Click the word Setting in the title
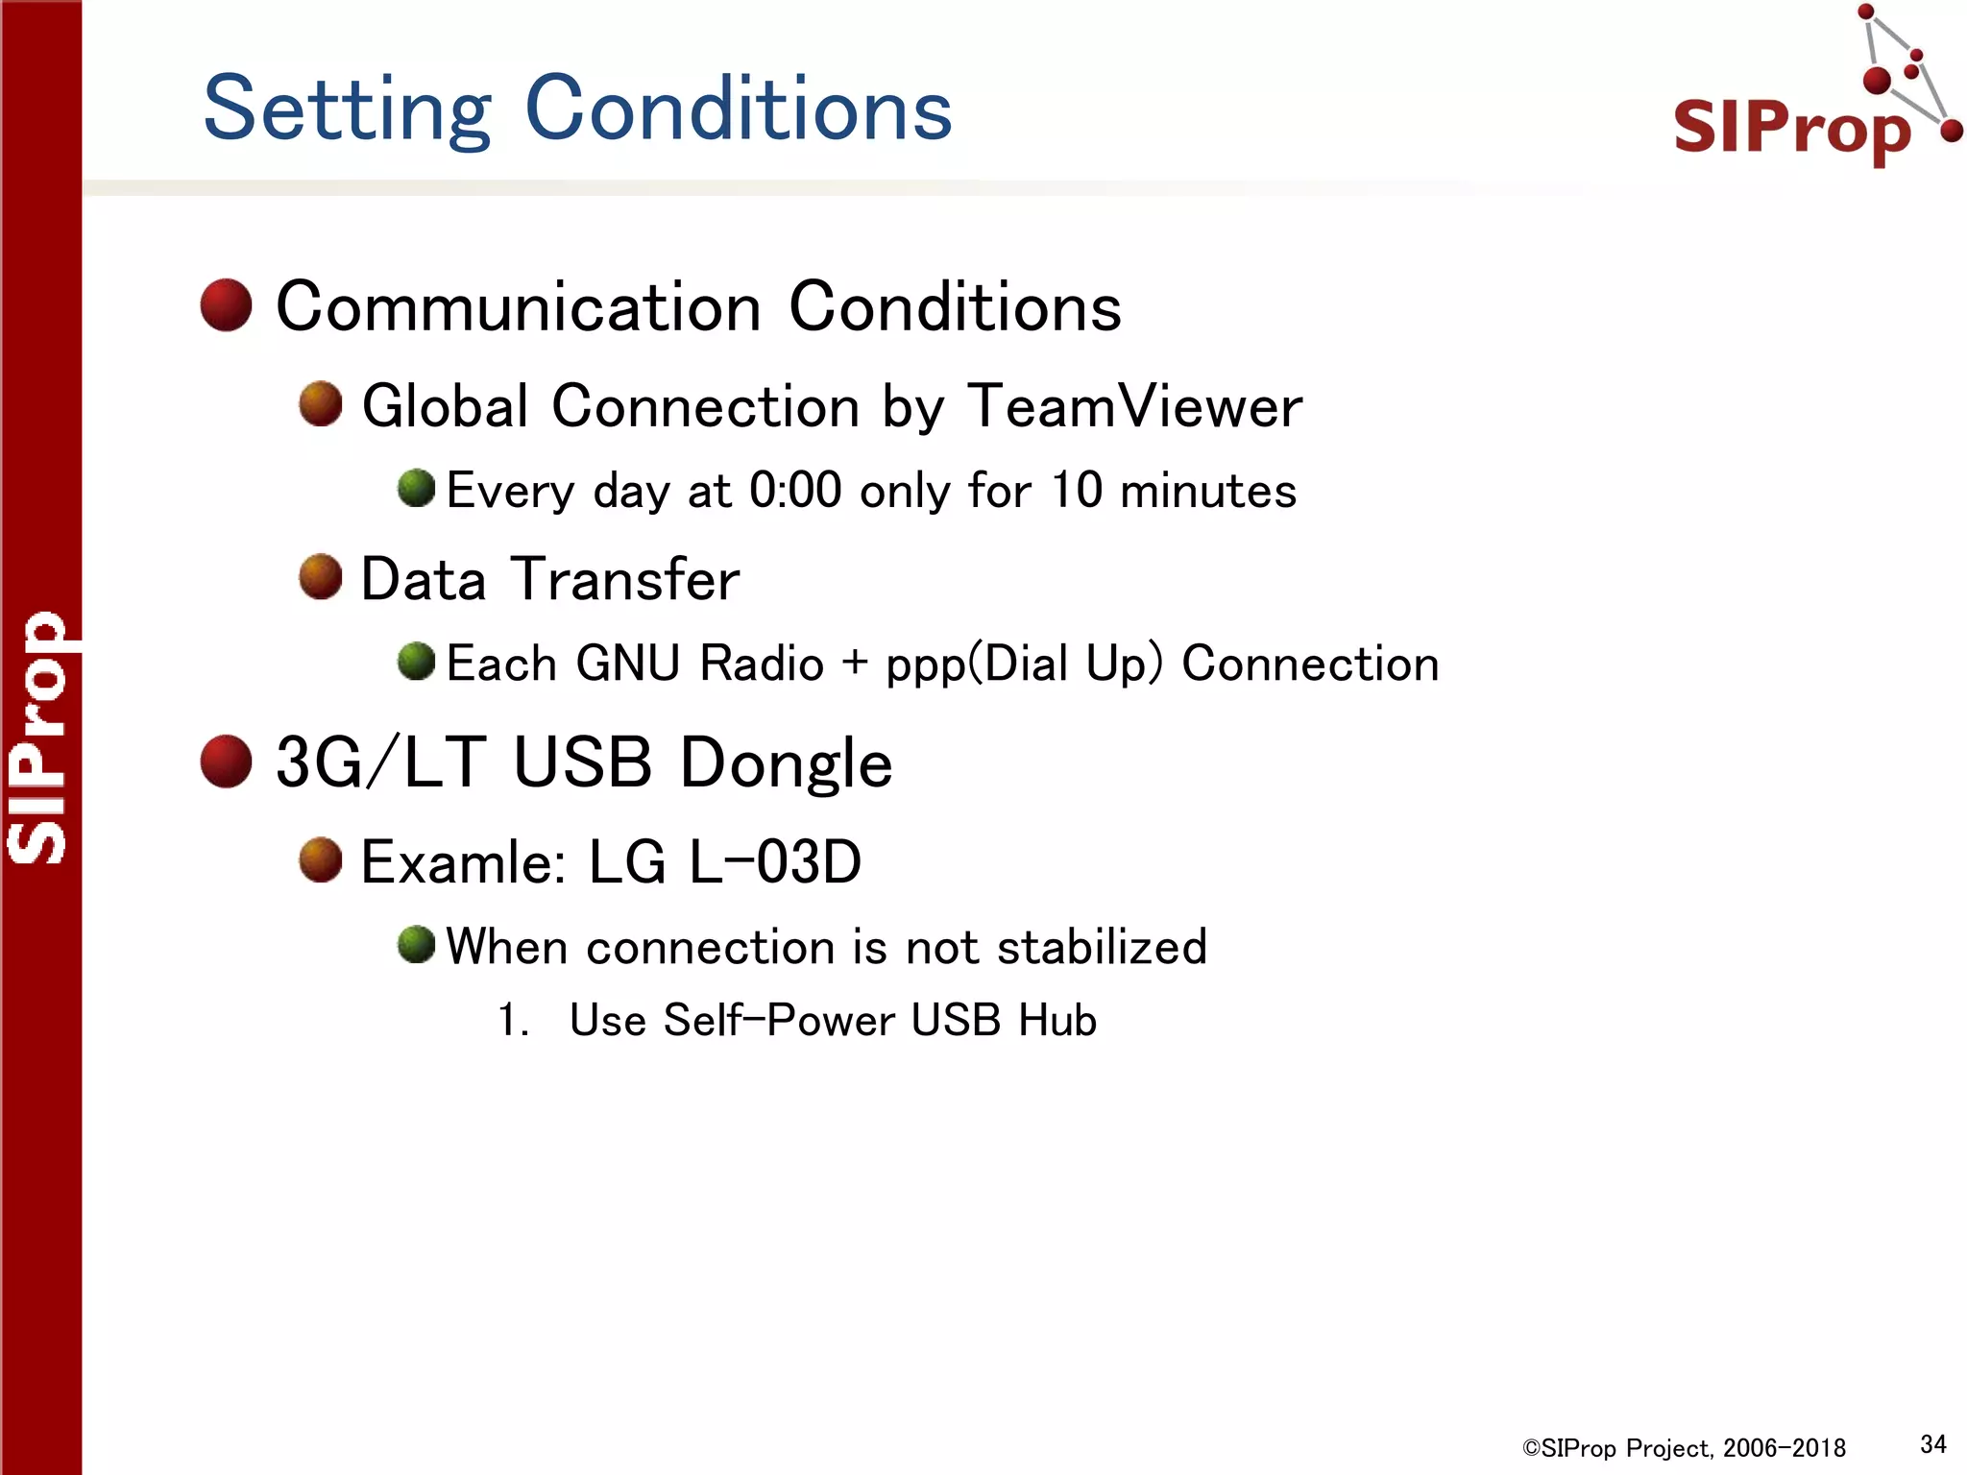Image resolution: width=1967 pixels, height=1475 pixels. pyautogui.click(x=347, y=110)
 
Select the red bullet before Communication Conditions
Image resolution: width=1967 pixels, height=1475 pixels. pyautogui.click(x=226, y=305)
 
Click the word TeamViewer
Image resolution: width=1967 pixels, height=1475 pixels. pyautogui.click(x=1134, y=406)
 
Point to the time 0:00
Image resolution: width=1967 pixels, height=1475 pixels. pyautogui.click(x=794, y=491)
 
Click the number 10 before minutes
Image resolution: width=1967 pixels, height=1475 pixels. pyautogui.click(x=1076, y=491)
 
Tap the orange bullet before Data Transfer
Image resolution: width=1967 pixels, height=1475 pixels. pyautogui.click(x=320, y=577)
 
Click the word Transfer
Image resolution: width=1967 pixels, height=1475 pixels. pyautogui.click(x=625, y=580)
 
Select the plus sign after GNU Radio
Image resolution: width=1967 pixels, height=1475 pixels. pyautogui.click(x=854, y=663)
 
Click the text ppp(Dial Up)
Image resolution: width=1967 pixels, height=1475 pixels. pyautogui.click(x=1024, y=665)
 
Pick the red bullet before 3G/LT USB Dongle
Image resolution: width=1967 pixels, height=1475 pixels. pyautogui.click(x=226, y=762)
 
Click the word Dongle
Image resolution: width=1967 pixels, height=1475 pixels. pyautogui.click(x=786, y=764)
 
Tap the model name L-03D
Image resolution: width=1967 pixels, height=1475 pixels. pyautogui.click(x=775, y=862)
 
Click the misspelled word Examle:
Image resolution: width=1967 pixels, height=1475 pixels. pyautogui.click(x=464, y=862)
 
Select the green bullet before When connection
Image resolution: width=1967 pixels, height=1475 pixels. pyautogui.click(x=416, y=945)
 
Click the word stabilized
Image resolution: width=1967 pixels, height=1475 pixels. pyautogui.click(x=1101, y=947)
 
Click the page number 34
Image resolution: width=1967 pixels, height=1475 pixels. pyautogui.click(x=1932, y=1444)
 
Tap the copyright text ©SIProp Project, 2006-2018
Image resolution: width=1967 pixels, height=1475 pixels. pyautogui.click(x=1684, y=1448)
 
